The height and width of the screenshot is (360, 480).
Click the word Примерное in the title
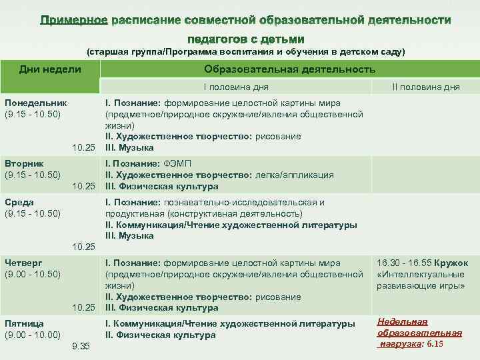(74, 21)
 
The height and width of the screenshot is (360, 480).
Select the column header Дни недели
(51, 69)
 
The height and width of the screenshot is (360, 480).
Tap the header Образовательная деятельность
(289, 69)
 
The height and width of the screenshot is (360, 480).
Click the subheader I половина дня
(237, 87)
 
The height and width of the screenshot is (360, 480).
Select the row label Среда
(19, 202)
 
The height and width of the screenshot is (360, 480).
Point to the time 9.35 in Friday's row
(80, 346)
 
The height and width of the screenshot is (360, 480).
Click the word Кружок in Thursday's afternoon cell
(454, 263)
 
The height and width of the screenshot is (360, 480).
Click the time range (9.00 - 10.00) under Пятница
(33, 335)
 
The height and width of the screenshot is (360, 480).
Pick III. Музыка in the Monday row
(129, 147)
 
